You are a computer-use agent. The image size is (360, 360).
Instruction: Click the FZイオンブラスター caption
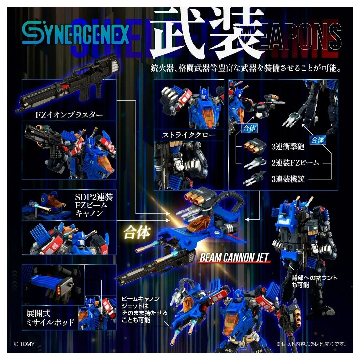pyautogui.click(x=69, y=115)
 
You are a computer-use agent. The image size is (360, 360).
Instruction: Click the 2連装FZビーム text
pyautogui.click(x=295, y=162)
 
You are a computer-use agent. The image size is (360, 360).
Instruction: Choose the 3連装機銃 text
pyautogui.click(x=288, y=179)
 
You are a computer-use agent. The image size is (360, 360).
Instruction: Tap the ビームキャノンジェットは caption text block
pyautogui.click(x=144, y=310)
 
